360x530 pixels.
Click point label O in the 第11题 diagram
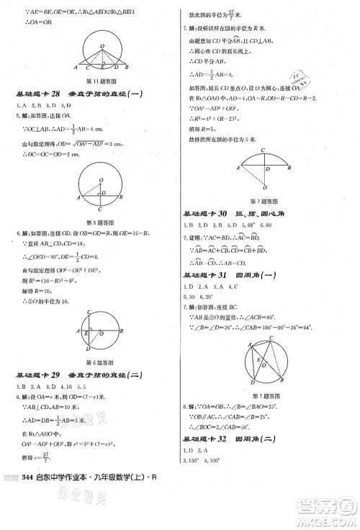coord(102,44)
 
